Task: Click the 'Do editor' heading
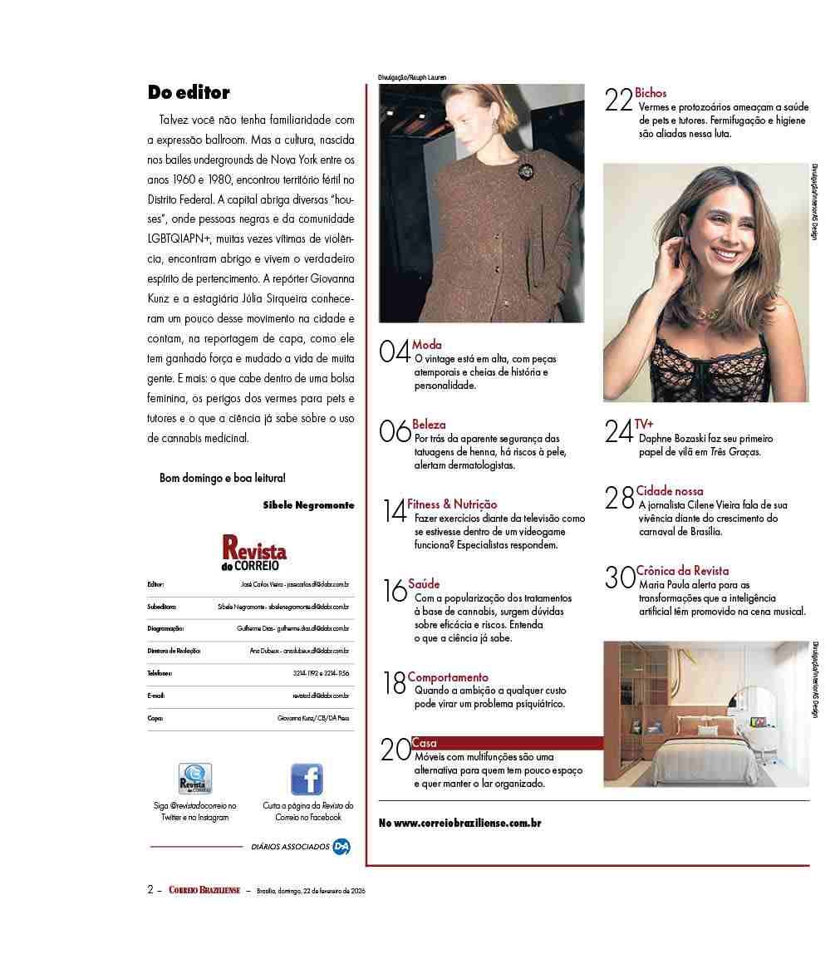189,92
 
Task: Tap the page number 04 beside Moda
394,352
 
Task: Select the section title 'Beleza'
429,425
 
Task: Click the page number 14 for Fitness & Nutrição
395,511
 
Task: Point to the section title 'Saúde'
424,584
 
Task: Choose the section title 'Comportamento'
448,677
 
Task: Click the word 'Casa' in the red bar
424,743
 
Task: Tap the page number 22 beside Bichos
619,101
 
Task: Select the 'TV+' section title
644,424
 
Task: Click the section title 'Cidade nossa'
670,491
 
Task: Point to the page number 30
620,578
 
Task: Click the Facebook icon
307,779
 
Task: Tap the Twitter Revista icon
195,779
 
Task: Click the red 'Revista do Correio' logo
254,553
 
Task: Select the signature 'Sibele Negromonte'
308,504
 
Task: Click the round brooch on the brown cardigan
525,172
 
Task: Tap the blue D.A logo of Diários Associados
341,847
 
